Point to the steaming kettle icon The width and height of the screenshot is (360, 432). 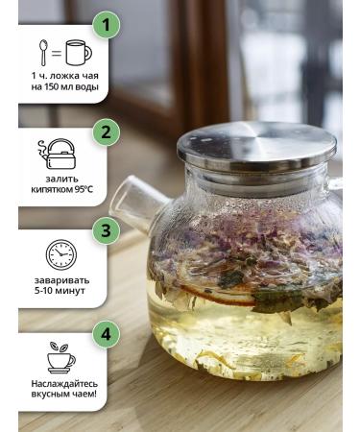[60, 155]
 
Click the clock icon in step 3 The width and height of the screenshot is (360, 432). [60, 255]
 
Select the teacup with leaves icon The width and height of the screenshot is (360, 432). [60, 356]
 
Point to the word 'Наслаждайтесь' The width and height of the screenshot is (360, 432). [60, 383]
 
